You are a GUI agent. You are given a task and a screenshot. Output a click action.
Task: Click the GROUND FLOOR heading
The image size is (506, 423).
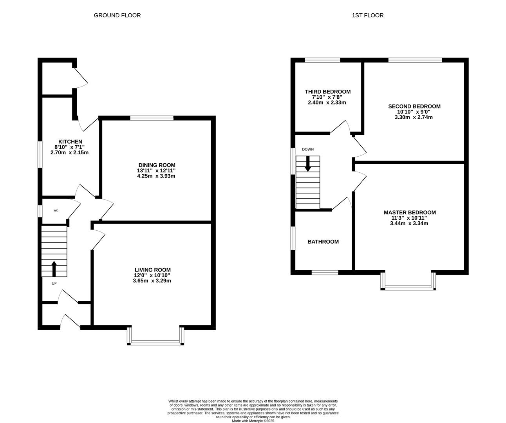117,15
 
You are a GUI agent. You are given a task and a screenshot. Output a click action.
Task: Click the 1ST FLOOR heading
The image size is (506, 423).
367,15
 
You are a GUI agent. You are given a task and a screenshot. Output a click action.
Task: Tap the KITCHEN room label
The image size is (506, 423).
70,141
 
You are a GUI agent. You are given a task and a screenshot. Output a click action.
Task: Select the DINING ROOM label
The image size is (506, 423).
157,165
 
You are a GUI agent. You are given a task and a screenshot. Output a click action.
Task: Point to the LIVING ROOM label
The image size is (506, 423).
152,269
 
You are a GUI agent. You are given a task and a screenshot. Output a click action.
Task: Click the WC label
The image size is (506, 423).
56,211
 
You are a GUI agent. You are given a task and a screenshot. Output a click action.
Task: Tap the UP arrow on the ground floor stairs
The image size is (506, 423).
54,269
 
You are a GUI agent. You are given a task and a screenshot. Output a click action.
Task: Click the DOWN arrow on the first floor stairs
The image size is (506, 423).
308,163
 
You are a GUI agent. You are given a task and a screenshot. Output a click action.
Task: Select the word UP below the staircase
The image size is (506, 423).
54,283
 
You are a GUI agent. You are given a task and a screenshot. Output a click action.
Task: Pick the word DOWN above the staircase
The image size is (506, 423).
307,149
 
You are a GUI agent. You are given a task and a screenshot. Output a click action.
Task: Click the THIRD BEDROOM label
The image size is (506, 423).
327,92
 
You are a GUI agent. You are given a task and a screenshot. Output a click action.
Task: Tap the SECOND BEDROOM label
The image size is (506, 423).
414,106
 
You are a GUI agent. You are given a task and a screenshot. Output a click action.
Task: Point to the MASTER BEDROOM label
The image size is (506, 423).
409,212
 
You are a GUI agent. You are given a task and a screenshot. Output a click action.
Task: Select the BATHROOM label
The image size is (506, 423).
323,242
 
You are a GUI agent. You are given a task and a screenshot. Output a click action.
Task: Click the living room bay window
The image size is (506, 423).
155,343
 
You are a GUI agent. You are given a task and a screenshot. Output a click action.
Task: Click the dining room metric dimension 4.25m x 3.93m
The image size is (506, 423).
156,176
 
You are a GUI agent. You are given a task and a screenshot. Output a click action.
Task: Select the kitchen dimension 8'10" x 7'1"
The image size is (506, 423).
70,147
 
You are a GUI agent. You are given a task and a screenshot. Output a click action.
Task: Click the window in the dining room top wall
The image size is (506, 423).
152,118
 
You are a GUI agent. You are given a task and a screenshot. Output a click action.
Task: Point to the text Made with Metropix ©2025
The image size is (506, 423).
253,421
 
